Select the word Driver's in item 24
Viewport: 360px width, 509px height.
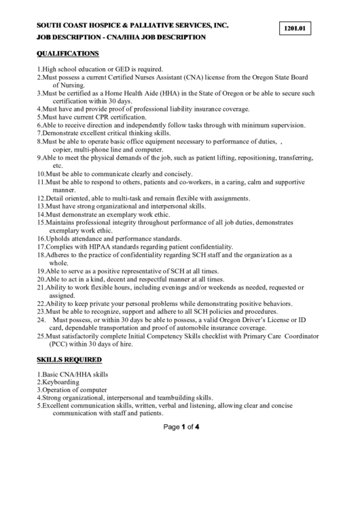click(246, 319)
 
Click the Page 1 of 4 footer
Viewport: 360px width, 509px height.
click(179, 427)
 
